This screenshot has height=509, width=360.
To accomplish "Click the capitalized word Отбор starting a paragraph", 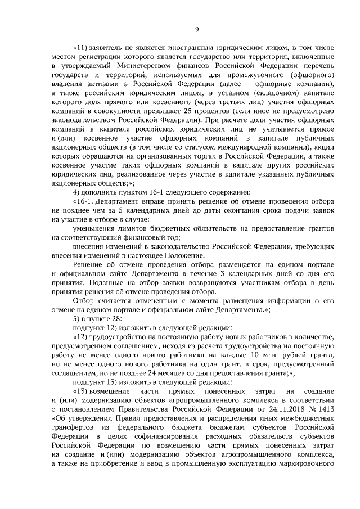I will pos(84,301).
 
